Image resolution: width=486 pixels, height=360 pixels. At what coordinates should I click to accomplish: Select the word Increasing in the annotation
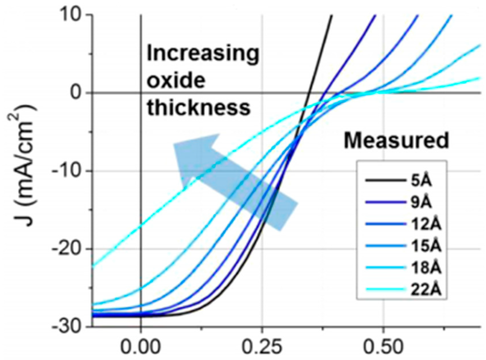[203, 54]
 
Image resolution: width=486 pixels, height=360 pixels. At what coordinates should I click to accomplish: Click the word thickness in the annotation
[199, 108]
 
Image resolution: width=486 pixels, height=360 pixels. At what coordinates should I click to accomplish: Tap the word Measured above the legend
[396, 141]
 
